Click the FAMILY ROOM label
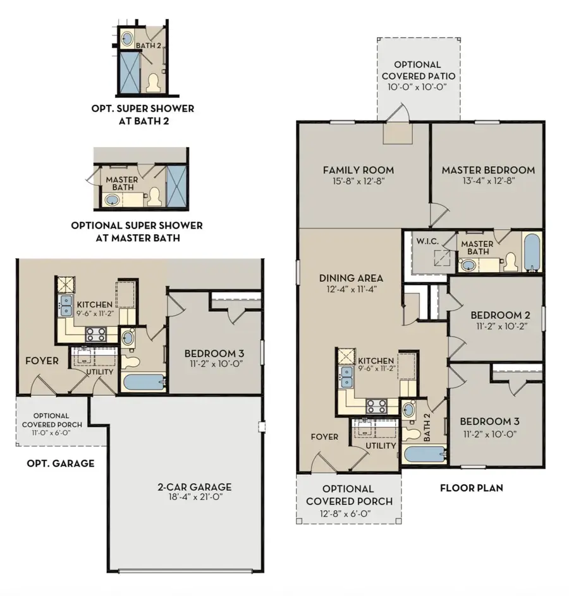coord(358,170)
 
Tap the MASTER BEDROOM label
coord(488,170)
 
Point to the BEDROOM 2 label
coord(496,315)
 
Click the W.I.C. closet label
coord(427,241)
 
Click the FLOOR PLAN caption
coord(471,488)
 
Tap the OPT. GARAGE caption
coord(61,463)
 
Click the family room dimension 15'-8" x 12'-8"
coord(358,181)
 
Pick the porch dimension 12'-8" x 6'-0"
coord(348,513)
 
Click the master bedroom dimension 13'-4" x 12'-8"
coord(488,181)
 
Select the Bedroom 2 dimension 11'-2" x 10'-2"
coord(496,326)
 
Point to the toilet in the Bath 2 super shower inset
coord(152,82)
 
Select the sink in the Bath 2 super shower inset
coord(126,39)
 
